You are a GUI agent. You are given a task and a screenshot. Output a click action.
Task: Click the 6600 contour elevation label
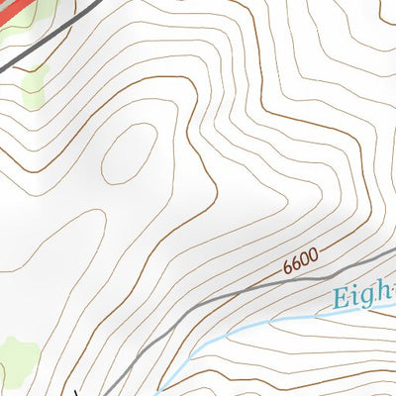click(300, 261)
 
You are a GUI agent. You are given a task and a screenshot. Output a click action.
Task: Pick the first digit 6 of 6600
click(287, 267)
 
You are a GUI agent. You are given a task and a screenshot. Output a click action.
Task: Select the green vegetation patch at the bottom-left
click(18, 356)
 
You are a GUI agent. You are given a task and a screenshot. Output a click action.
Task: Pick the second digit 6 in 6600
click(295, 263)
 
